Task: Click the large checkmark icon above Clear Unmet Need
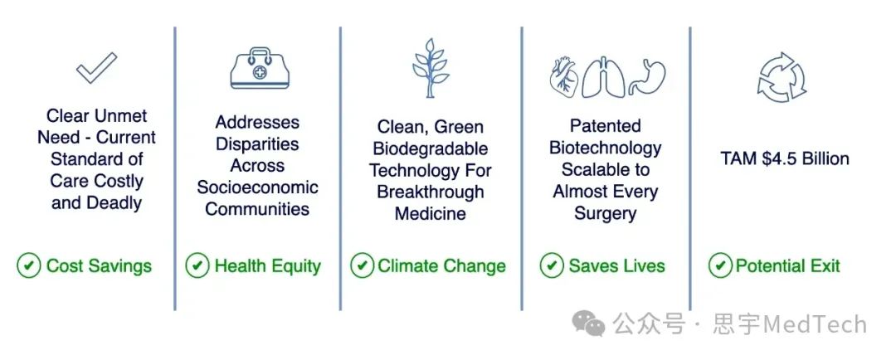coord(95,69)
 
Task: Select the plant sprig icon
coord(431,68)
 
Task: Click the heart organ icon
coord(564,76)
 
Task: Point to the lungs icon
coord(603,76)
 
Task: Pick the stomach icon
coord(647,77)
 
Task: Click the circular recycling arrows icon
coord(782,77)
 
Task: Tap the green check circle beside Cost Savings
coord(28,265)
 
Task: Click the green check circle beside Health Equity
coord(197,265)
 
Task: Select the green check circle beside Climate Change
coord(363,265)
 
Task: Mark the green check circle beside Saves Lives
coord(552,265)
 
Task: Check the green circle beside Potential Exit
coord(720,265)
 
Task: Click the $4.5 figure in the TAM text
coord(779,158)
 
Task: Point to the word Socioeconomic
coord(258,187)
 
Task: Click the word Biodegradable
coord(431,148)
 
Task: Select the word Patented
coord(605,126)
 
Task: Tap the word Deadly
coord(114,203)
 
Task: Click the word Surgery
coord(605,214)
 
